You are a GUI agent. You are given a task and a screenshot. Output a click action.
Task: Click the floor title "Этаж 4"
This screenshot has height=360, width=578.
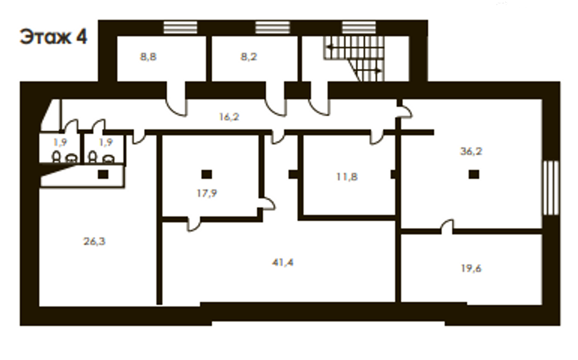pos(54,37)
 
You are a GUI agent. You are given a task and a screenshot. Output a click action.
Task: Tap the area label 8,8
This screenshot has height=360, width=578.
pos(148,57)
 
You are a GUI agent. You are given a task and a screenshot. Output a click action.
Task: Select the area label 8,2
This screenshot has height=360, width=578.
pos(248,57)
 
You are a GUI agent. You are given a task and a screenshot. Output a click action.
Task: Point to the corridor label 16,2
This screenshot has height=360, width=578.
pos(229,117)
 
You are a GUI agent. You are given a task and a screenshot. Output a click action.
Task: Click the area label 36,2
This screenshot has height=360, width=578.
pos(471,151)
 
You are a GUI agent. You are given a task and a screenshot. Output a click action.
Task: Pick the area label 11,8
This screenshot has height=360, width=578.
pos(347,177)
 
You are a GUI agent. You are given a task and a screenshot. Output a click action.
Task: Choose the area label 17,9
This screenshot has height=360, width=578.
pos(207,193)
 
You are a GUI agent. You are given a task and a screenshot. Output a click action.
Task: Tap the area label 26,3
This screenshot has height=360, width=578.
pos(94,242)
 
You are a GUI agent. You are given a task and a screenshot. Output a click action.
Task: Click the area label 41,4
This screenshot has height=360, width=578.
pos(283,262)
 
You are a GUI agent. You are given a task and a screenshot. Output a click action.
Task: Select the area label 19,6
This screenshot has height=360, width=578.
pos(471,268)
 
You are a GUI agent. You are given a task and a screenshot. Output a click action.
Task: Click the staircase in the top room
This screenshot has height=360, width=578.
pos(354,58)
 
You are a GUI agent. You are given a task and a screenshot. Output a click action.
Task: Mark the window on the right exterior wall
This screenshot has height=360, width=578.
pos(551,188)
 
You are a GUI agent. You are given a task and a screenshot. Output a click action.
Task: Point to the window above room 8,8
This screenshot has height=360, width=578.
pos(180,28)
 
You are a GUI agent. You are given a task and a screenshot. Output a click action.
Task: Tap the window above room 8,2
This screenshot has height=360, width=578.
pos(273,28)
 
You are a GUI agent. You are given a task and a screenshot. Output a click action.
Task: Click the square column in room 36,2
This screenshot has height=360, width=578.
pos(474,174)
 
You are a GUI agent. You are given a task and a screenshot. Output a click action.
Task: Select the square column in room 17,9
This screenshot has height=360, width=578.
pos(207,174)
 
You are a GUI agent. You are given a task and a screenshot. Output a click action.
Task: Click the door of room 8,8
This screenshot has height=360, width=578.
pos(177,99)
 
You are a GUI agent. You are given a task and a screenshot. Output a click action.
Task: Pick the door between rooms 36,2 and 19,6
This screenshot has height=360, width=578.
pos(447,227)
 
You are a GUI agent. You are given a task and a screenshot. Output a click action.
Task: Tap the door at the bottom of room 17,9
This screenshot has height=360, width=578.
pos(194,224)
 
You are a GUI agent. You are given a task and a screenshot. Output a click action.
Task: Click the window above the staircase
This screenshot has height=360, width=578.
pos(359,28)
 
